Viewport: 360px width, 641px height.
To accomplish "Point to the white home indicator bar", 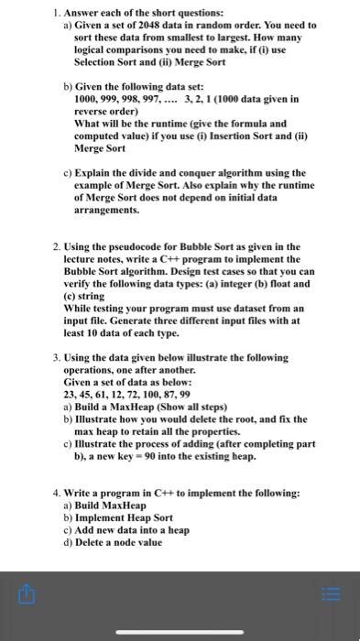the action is [180, 630].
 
